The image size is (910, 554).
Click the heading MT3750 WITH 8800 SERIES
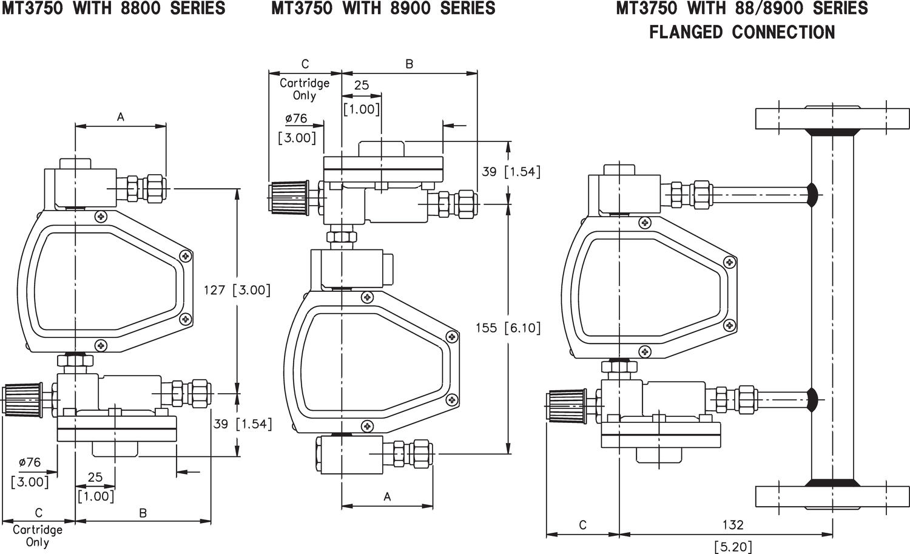(x=113, y=8)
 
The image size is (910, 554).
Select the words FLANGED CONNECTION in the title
(x=742, y=32)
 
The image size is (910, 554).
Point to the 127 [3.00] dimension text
(x=237, y=290)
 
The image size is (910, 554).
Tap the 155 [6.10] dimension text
(x=508, y=328)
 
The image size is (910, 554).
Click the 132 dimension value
(x=733, y=525)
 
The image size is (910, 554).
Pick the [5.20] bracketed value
(x=733, y=546)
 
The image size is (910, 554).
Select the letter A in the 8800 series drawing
(x=120, y=117)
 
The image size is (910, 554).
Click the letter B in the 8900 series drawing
(x=409, y=64)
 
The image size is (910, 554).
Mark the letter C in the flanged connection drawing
(x=582, y=525)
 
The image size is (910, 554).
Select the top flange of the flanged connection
(x=832, y=118)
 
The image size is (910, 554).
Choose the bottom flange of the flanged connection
(x=832, y=496)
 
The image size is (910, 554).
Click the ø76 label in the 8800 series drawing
(x=29, y=462)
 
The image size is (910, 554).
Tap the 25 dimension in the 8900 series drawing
(x=362, y=86)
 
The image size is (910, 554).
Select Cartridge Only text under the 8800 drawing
(x=38, y=536)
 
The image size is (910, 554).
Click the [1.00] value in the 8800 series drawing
(x=96, y=496)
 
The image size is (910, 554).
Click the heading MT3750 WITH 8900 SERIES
(x=383, y=8)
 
